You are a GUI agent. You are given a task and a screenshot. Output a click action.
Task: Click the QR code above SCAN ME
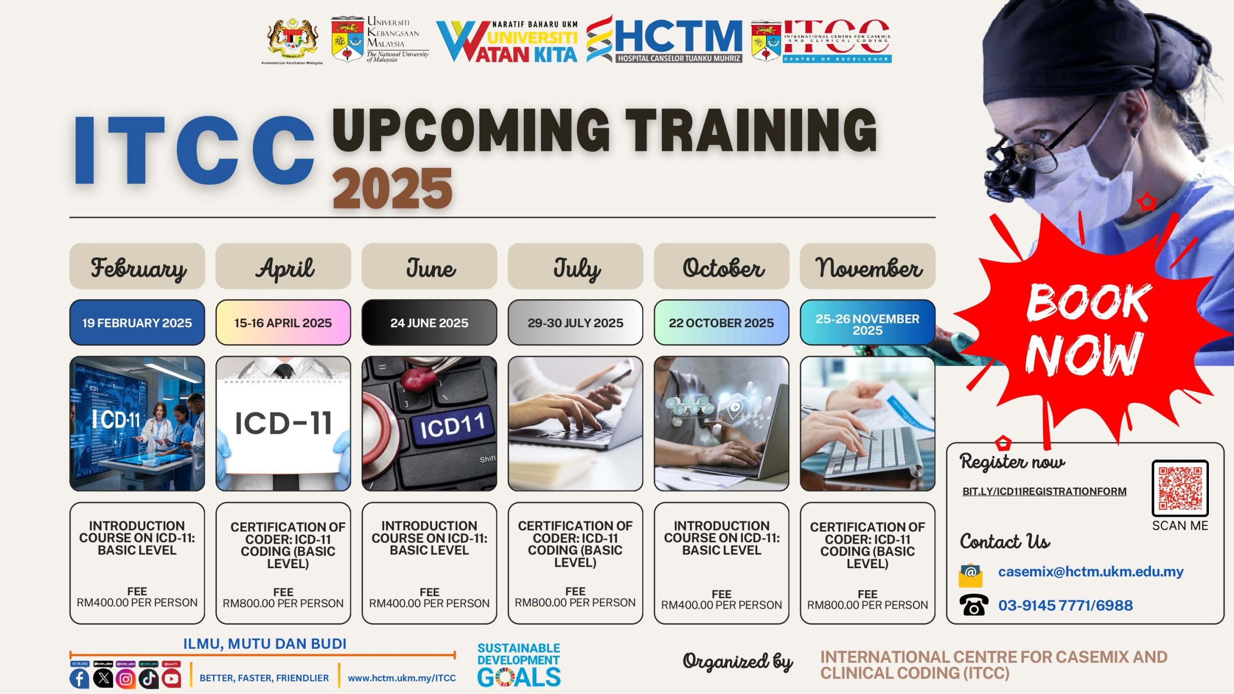(1180, 488)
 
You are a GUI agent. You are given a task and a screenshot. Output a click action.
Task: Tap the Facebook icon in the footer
(80, 679)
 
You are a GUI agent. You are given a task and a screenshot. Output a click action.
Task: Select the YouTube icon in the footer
(172, 679)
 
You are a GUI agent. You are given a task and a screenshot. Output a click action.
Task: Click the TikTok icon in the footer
(148, 679)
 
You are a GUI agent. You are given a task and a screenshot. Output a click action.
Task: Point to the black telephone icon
(973, 605)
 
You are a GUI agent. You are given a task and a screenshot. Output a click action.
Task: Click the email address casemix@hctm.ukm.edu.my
(1090, 572)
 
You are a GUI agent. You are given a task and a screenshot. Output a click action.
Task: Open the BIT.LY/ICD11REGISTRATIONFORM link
(1044, 492)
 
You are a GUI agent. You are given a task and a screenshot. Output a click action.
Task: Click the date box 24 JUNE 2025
(429, 322)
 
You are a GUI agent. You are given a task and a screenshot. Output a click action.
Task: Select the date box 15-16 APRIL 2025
(283, 322)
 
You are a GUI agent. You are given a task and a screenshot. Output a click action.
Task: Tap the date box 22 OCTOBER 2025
(721, 322)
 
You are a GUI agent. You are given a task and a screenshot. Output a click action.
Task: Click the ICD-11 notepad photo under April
(283, 424)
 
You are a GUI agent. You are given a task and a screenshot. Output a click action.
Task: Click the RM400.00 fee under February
(137, 602)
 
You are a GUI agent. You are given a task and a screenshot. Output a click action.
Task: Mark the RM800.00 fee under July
(575, 602)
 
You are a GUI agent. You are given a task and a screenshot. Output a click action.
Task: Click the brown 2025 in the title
(392, 188)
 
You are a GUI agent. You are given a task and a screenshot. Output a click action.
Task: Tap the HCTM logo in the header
(665, 40)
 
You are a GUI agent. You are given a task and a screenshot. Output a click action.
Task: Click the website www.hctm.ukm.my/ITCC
(402, 678)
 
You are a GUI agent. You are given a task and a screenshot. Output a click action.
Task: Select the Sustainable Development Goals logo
(519, 665)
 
